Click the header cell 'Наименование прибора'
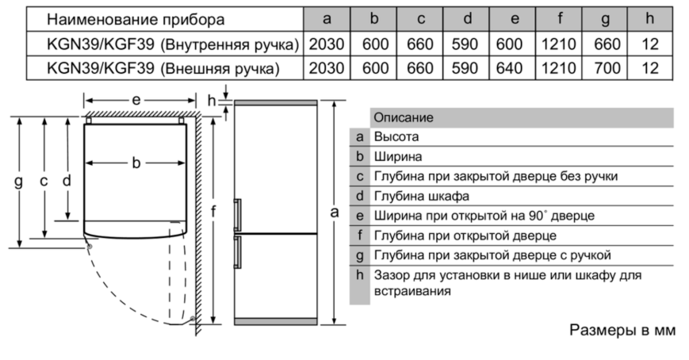(x=136, y=18)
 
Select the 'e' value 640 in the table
(x=509, y=68)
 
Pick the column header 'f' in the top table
(x=559, y=18)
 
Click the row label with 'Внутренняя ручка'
(x=163, y=44)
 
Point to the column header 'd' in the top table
(x=466, y=18)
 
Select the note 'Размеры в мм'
(x=622, y=329)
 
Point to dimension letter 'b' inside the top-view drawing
(x=136, y=163)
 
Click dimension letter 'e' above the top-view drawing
(x=136, y=101)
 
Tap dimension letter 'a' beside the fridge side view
(x=335, y=212)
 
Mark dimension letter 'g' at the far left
(x=18, y=181)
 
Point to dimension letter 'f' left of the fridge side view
(x=213, y=212)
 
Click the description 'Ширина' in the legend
(x=398, y=156)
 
